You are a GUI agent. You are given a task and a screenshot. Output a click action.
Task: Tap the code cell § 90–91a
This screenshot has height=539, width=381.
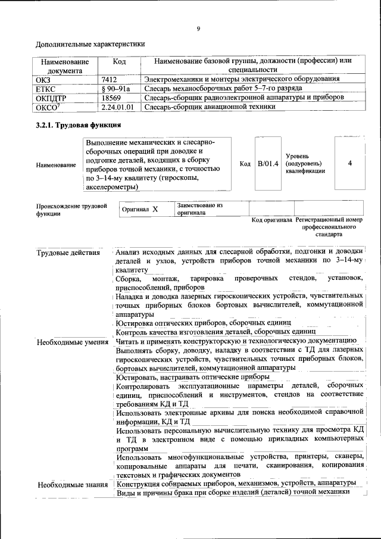click(x=115, y=88)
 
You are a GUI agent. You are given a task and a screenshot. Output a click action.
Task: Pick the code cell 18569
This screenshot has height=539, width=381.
click(x=111, y=97)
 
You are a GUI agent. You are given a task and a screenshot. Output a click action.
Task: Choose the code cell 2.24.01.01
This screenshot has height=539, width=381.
click(x=117, y=107)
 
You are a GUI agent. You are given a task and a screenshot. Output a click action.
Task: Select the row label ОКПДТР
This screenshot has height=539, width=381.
click(x=52, y=97)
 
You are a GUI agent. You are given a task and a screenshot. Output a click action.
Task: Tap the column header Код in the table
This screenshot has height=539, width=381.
click(x=119, y=62)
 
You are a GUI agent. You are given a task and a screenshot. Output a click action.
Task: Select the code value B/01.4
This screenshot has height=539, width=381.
click(x=267, y=164)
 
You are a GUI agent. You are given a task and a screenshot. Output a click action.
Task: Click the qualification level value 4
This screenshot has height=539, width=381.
click(x=349, y=164)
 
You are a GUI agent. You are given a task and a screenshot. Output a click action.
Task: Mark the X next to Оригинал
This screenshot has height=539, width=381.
click(x=155, y=210)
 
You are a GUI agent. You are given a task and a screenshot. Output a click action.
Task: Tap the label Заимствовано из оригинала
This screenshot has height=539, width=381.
click(x=199, y=208)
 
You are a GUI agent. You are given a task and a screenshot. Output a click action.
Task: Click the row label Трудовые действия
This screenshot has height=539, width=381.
click(x=68, y=253)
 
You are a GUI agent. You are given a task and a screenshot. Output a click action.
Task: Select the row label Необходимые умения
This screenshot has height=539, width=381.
click(x=72, y=342)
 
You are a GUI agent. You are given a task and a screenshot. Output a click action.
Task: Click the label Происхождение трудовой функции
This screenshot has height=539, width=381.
click(x=71, y=209)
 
